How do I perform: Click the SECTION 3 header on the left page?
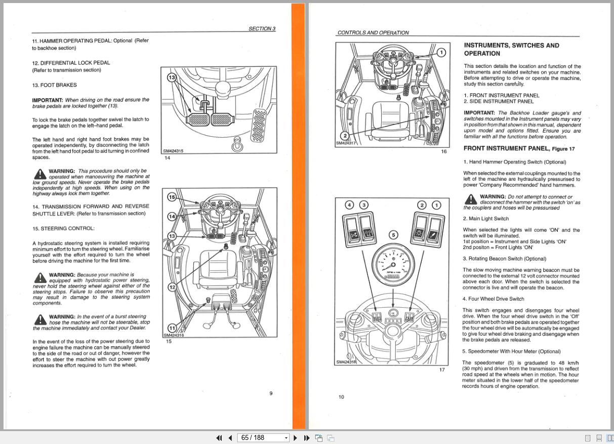262,29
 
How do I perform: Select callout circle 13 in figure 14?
171,77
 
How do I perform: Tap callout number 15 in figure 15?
171,197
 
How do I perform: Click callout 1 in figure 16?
441,52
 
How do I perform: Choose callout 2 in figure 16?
345,136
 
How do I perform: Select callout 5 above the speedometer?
393,234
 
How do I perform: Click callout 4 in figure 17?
349,205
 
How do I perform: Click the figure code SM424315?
173,151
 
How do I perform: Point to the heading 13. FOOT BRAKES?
54,85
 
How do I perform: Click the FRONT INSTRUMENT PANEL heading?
506,148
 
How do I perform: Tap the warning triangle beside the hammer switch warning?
470,199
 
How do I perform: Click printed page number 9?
271,393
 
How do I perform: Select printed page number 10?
341,397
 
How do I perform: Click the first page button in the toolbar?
219,438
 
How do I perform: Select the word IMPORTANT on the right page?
479,113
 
